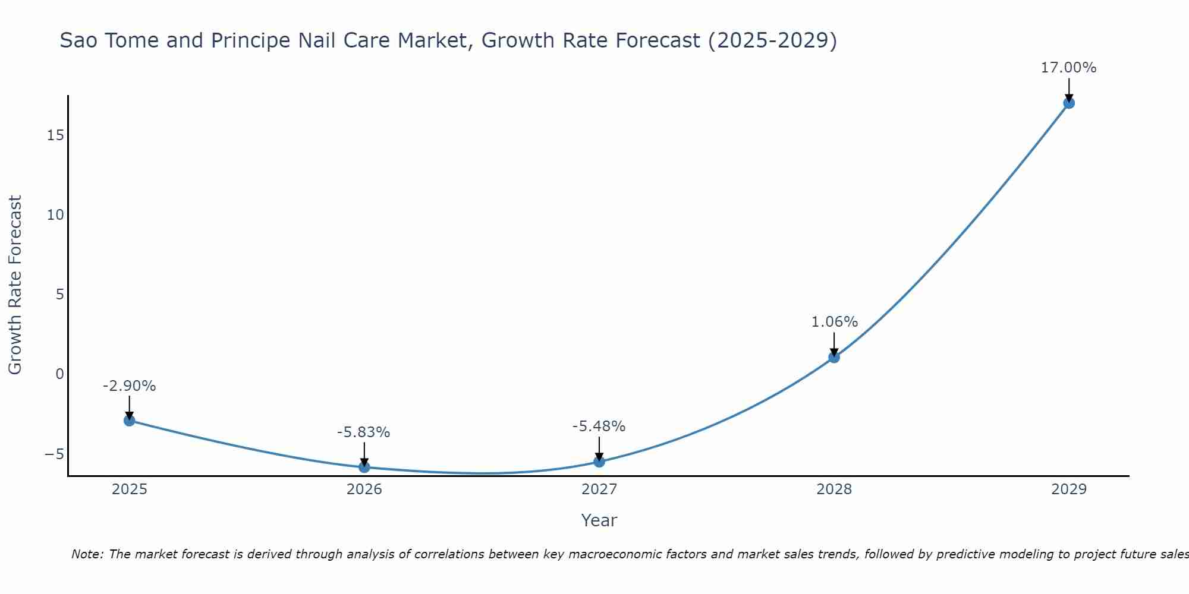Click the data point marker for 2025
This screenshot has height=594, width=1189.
(x=130, y=421)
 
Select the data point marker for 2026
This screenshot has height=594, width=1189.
(x=364, y=467)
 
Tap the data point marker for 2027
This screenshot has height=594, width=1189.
(x=599, y=462)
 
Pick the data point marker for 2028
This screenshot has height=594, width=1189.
(x=834, y=357)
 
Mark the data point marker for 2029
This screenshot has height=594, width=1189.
(x=1069, y=103)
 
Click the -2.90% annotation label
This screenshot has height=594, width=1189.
(x=130, y=386)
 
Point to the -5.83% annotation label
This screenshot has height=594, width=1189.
(x=364, y=432)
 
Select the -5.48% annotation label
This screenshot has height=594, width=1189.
(x=599, y=426)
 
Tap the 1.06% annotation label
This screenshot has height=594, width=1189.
(x=835, y=322)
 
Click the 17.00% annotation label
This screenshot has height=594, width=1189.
(x=1069, y=68)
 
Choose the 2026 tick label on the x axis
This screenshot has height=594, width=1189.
(x=364, y=489)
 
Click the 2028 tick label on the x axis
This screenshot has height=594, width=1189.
(x=834, y=489)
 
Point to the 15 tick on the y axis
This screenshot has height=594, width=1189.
(x=55, y=135)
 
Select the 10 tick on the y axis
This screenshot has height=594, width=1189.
(x=55, y=215)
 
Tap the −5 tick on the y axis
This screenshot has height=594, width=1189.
(x=54, y=454)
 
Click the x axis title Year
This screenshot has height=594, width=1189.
(x=599, y=520)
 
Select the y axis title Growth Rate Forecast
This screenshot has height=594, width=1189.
(x=15, y=285)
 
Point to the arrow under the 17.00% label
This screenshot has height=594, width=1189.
(x=1069, y=90)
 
